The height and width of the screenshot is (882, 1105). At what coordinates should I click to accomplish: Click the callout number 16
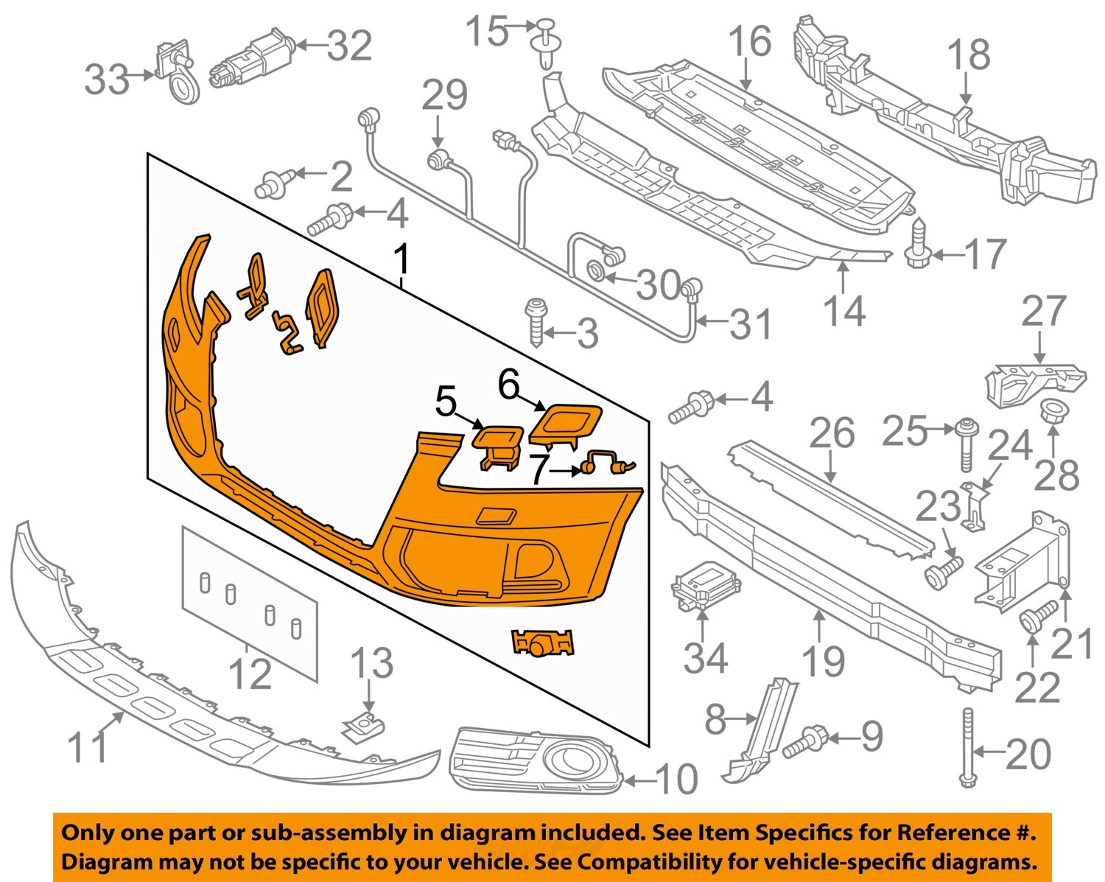tap(749, 42)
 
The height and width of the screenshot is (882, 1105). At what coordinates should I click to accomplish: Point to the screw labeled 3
tap(536, 321)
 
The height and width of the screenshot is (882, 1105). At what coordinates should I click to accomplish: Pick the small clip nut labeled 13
tap(365, 727)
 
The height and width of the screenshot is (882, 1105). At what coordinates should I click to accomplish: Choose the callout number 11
tap(87, 747)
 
